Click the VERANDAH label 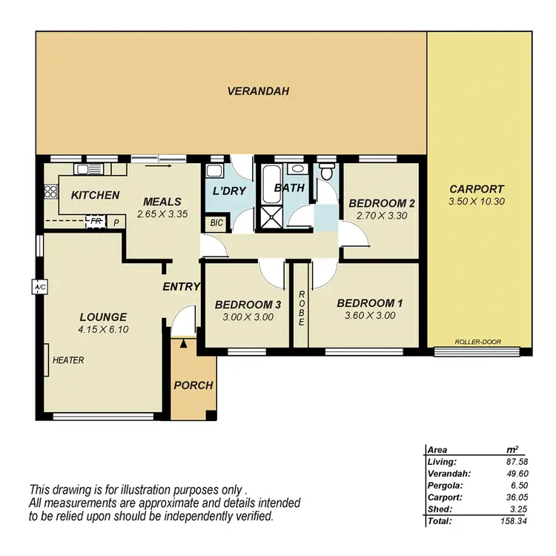coord(258,92)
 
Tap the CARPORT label coord(477,189)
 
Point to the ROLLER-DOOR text coord(478,342)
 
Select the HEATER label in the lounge coord(67,361)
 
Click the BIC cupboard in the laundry coord(216,222)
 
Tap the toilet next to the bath coord(325,171)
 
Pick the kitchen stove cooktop coord(50,193)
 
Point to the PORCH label coord(193,385)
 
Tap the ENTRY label coord(182,288)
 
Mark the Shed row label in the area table coord(440,509)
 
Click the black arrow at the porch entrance coord(183,342)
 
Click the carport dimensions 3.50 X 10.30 coord(477,202)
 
